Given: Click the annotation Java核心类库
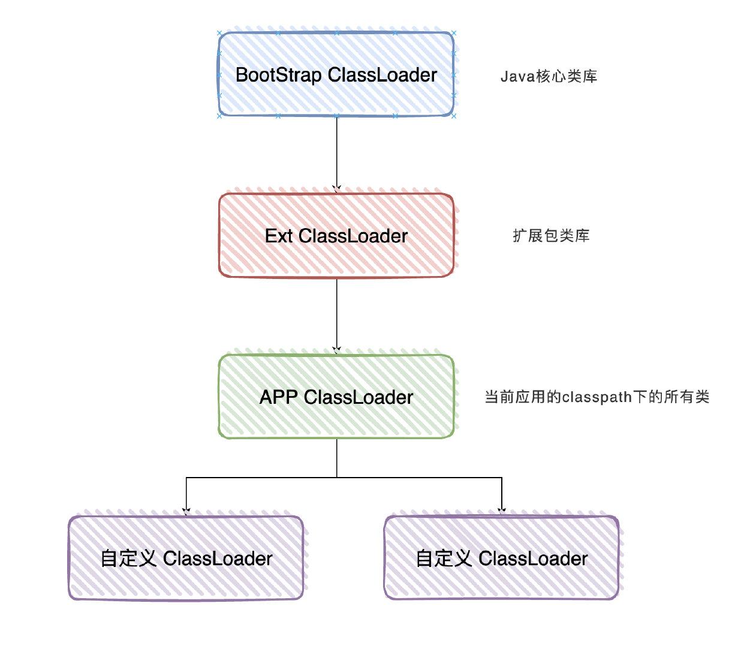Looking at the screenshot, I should coord(549,77).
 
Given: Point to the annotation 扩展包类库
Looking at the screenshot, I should coord(551,236).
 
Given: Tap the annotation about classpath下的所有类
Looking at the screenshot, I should coord(597,397).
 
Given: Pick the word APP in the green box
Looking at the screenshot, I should coord(279,397).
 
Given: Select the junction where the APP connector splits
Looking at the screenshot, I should coord(337,478).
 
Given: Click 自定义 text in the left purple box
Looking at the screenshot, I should coord(128,559).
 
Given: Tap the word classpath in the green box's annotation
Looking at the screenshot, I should coord(597,397).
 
